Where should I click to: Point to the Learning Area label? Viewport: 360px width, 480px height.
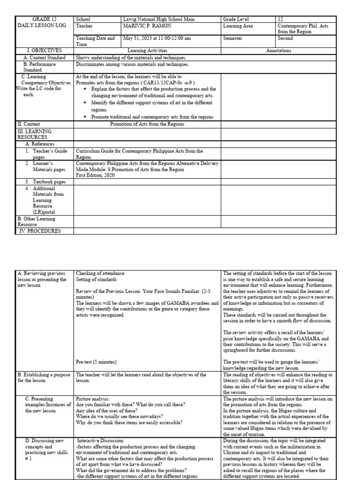tap(238, 26)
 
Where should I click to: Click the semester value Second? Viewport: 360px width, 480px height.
tap(286, 38)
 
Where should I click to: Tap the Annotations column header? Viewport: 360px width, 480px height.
tap(278, 51)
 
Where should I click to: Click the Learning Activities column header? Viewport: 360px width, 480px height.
tap(147, 51)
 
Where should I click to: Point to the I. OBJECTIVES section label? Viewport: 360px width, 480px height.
tap(45, 51)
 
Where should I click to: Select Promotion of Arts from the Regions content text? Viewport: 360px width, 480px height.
tap(147, 124)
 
